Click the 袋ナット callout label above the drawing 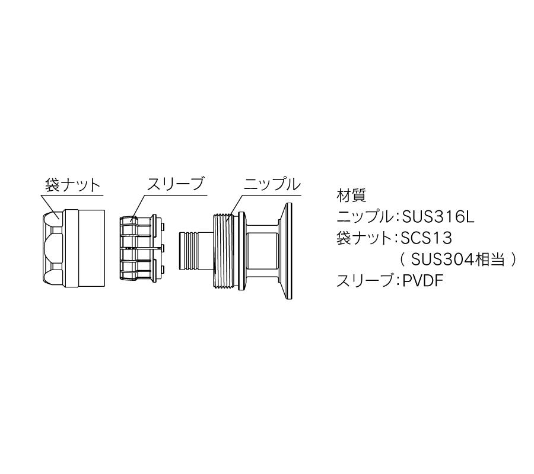click(72, 185)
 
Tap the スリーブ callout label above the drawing click(176, 184)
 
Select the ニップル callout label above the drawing click(272, 184)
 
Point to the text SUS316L click(438, 217)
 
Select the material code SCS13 click(427, 238)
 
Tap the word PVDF click(422, 281)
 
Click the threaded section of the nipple click(224, 252)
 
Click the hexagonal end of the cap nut click(53, 248)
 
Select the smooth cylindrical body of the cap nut click(85, 248)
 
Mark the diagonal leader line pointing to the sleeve click(139, 206)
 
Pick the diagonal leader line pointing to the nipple click(236, 205)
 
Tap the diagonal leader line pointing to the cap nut click(51, 206)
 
